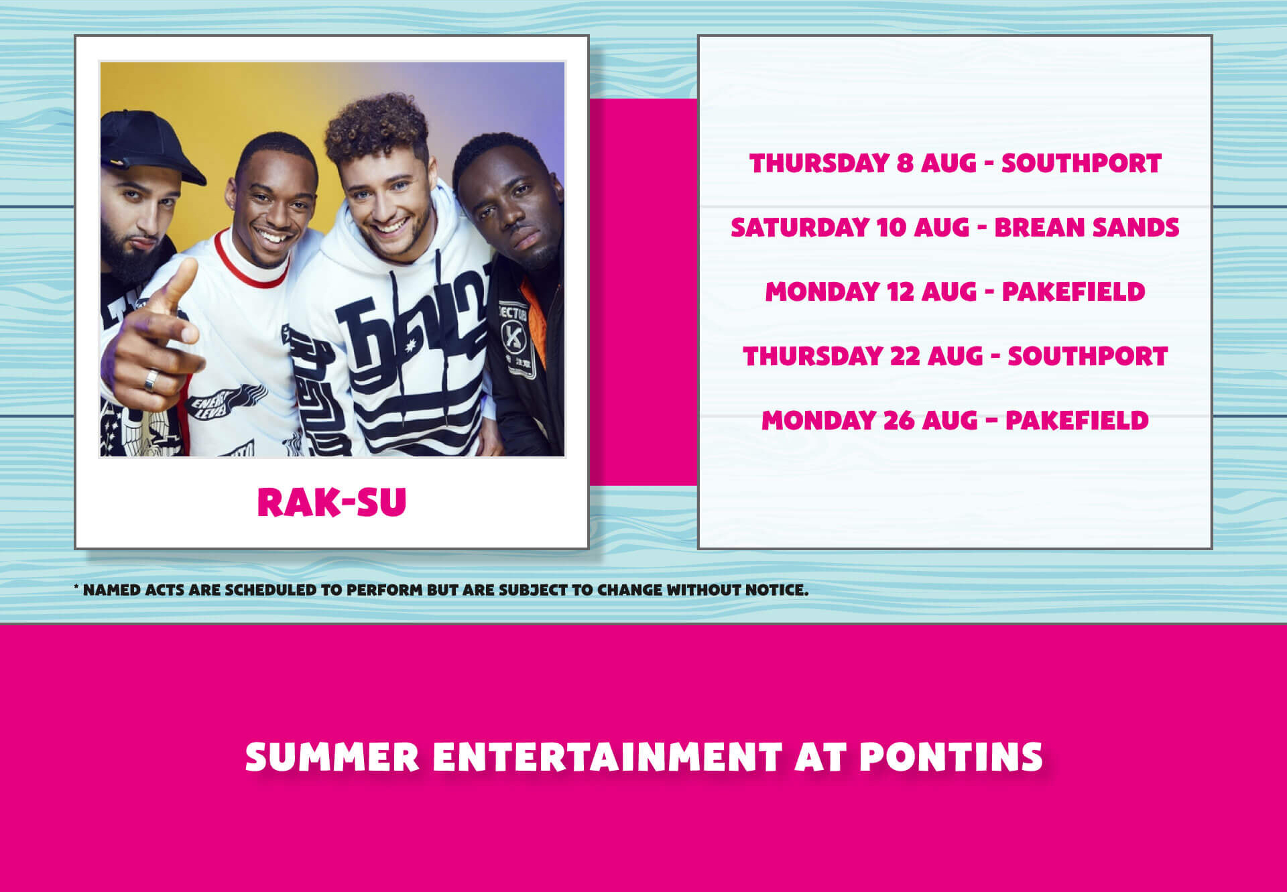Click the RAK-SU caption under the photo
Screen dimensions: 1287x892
pyautogui.click(x=332, y=502)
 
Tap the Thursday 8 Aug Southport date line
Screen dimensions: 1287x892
pyautogui.click(x=955, y=163)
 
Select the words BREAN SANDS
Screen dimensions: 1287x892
pyautogui.click(x=1087, y=227)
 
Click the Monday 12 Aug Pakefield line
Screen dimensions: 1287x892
pyautogui.click(x=955, y=292)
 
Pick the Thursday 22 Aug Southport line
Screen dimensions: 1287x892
pyautogui.click(x=955, y=356)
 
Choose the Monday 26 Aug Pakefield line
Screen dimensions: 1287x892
pyautogui.click(x=955, y=420)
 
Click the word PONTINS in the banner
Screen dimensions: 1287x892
pyautogui.click(x=951, y=757)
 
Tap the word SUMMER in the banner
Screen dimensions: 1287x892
pyautogui.click(x=332, y=757)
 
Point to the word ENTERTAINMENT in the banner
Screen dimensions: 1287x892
pyautogui.click(x=607, y=757)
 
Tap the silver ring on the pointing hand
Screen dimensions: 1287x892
pyautogui.click(x=151, y=380)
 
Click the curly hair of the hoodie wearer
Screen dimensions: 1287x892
pyautogui.click(x=377, y=127)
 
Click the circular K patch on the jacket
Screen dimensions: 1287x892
pyautogui.click(x=514, y=337)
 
